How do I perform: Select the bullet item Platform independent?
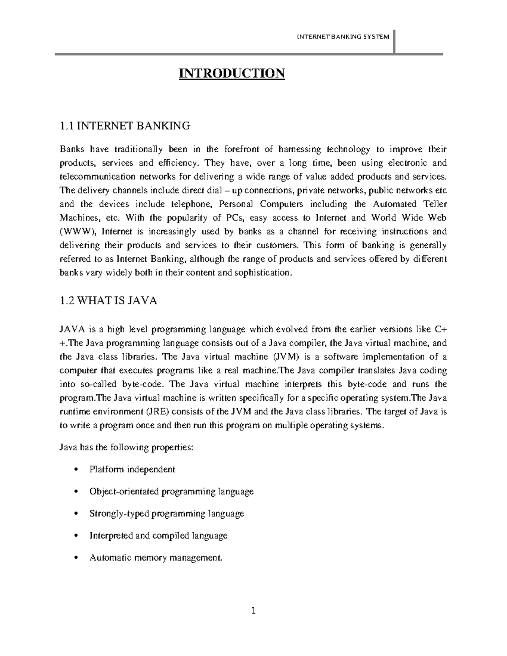tap(132, 469)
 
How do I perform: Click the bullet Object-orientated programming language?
tap(172, 491)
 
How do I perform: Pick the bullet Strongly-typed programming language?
tap(167, 514)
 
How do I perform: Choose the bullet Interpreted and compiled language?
tap(158, 536)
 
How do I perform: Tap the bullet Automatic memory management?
tap(155, 558)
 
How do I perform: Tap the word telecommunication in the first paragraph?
tap(98, 177)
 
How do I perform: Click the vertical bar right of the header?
tap(394, 42)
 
